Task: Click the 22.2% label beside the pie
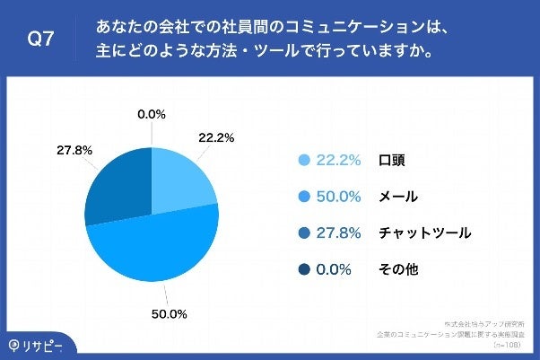tap(216, 137)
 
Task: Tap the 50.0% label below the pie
tap(169, 314)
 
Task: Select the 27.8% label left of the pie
tap(74, 150)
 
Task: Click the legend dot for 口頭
tap(303, 161)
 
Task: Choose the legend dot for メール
tap(303, 197)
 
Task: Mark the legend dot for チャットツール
tap(303, 233)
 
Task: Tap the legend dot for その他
tap(303, 268)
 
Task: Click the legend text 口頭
tap(393, 161)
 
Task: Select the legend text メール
tap(399, 197)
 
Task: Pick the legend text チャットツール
tap(425, 233)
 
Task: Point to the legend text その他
tap(399, 268)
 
